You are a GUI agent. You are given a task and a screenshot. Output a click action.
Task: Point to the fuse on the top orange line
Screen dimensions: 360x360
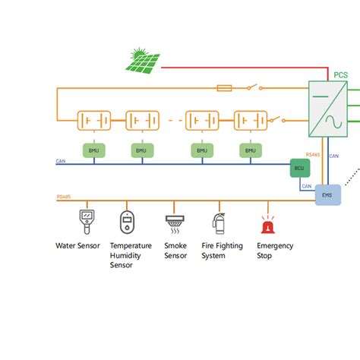tap(225, 88)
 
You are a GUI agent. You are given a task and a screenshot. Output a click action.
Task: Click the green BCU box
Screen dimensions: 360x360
tap(301, 169)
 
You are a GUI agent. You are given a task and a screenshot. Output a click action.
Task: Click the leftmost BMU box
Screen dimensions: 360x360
tap(94, 150)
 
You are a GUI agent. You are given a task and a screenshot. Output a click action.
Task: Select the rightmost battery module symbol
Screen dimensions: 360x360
tap(251, 120)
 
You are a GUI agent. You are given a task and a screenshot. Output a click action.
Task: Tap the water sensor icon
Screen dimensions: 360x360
tap(87, 223)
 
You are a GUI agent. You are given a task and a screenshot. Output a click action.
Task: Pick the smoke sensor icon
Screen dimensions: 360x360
tap(175, 223)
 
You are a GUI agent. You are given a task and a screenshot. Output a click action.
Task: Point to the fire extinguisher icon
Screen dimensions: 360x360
tap(219, 223)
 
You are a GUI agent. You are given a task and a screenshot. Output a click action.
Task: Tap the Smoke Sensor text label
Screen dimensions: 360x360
tap(175, 251)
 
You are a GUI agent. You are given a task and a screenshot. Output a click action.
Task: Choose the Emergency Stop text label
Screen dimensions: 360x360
tap(275, 251)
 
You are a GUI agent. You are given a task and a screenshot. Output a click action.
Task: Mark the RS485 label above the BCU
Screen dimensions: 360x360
tap(313, 154)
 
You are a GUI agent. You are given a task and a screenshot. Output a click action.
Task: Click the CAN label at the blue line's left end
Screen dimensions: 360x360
tap(62, 161)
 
